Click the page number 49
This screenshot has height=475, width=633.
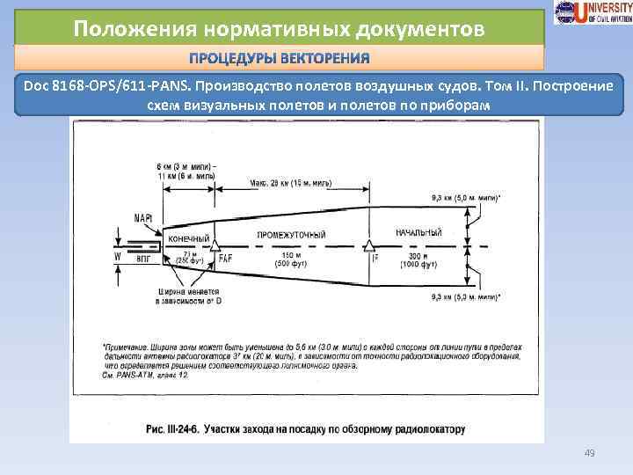tap(591, 454)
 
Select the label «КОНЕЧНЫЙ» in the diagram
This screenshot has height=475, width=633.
tap(187, 238)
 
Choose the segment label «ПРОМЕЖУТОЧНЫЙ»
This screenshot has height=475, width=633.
tap(291, 235)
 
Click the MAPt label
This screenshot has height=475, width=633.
tap(144, 216)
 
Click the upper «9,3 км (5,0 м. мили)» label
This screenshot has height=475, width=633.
tap(468, 199)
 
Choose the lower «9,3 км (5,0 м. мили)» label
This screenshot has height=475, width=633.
tap(468, 298)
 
